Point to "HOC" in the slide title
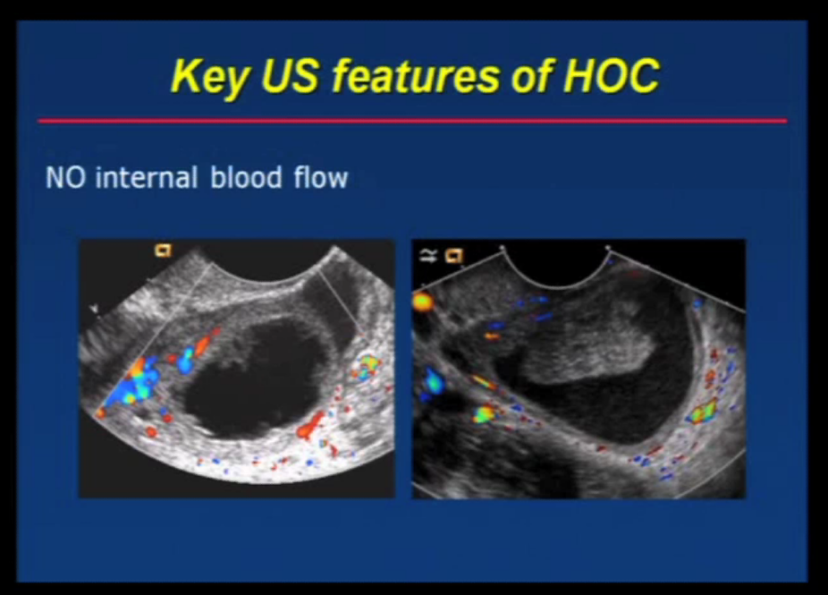pos(611,76)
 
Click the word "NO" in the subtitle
pos(66,177)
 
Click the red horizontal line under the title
pos(412,120)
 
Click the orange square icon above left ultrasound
pos(163,251)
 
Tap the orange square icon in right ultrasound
pos(454,257)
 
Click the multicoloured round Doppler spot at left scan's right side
pos(368,363)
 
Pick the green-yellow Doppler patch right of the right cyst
pos(701,412)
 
